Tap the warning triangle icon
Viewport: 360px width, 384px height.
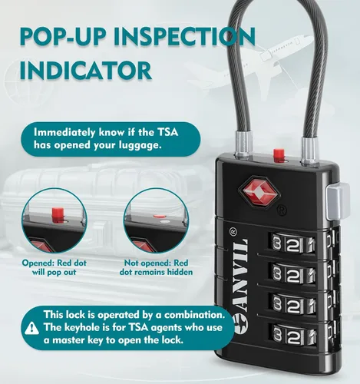(x=32, y=328)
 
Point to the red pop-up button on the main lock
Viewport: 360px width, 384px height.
(x=279, y=155)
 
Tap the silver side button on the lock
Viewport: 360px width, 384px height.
(x=338, y=201)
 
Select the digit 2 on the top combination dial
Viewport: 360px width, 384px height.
(x=293, y=245)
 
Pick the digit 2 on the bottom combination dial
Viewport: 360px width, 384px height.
(x=293, y=336)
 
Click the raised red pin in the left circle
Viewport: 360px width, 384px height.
(x=58, y=215)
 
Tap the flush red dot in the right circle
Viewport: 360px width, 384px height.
(x=160, y=217)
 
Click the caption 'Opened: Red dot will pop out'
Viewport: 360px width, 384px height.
(x=54, y=267)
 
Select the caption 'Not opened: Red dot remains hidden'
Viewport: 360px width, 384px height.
(x=156, y=267)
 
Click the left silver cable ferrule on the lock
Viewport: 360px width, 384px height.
(x=242, y=144)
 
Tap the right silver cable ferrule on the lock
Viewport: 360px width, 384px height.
(x=309, y=151)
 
